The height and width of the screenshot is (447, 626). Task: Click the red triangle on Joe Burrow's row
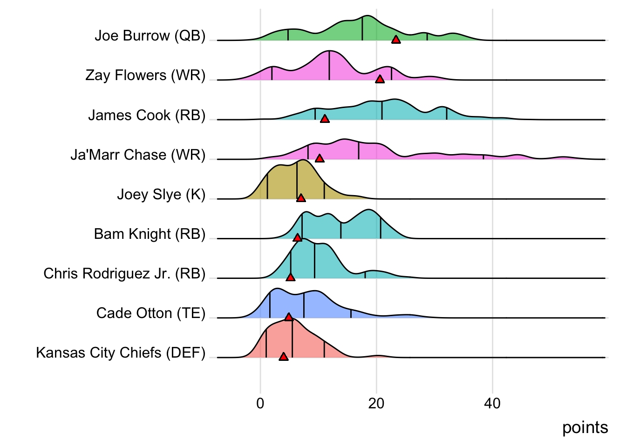pyautogui.click(x=396, y=40)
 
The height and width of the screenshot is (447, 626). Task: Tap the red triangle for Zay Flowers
pyautogui.click(x=380, y=79)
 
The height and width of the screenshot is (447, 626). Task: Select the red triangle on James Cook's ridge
pyautogui.click(x=325, y=119)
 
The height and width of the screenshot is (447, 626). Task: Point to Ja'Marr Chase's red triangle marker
pyautogui.click(x=320, y=158)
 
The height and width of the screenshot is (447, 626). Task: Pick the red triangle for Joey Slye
pyautogui.click(x=301, y=198)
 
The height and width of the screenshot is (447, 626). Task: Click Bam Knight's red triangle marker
pyautogui.click(x=298, y=238)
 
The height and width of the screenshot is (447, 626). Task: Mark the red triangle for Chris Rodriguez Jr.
pyautogui.click(x=291, y=278)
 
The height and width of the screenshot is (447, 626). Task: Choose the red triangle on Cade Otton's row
pyautogui.click(x=289, y=317)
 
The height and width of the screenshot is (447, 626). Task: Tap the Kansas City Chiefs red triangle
pyautogui.click(x=284, y=357)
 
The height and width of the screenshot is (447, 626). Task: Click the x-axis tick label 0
pyautogui.click(x=260, y=403)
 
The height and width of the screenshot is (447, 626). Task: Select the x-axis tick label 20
pyautogui.click(x=376, y=403)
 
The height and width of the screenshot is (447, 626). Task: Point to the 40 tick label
pyautogui.click(x=492, y=403)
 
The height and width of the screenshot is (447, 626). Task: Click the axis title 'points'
pyautogui.click(x=585, y=427)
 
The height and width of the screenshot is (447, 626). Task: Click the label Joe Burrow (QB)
pyautogui.click(x=150, y=36)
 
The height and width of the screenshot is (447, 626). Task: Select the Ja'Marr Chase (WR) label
pyautogui.click(x=138, y=155)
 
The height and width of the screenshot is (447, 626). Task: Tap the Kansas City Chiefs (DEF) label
pyautogui.click(x=121, y=353)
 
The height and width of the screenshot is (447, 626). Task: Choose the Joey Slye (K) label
pyautogui.click(x=161, y=194)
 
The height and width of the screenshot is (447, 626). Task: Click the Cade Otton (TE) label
pyautogui.click(x=151, y=313)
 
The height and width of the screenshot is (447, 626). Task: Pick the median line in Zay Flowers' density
pyautogui.click(x=329, y=65)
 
